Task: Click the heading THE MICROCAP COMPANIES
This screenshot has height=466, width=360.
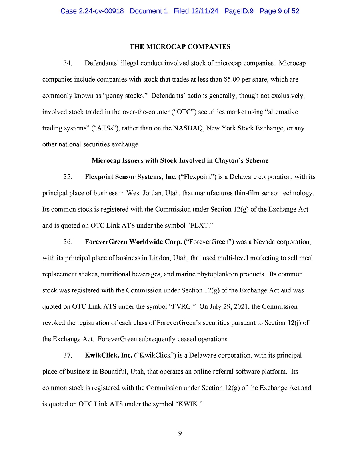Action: pos(180,47)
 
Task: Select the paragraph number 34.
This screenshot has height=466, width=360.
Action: pos(68,63)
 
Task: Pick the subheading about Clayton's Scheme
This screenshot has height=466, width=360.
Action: pos(180,160)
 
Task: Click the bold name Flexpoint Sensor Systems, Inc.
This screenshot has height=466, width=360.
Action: pos(130,177)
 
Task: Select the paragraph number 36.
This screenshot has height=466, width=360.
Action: pos(68,242)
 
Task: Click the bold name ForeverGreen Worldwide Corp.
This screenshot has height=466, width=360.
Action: pos(133,242)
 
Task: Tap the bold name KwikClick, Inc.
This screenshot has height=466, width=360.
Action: pos(108,355)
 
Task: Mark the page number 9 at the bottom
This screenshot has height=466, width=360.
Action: pos(180,433)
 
